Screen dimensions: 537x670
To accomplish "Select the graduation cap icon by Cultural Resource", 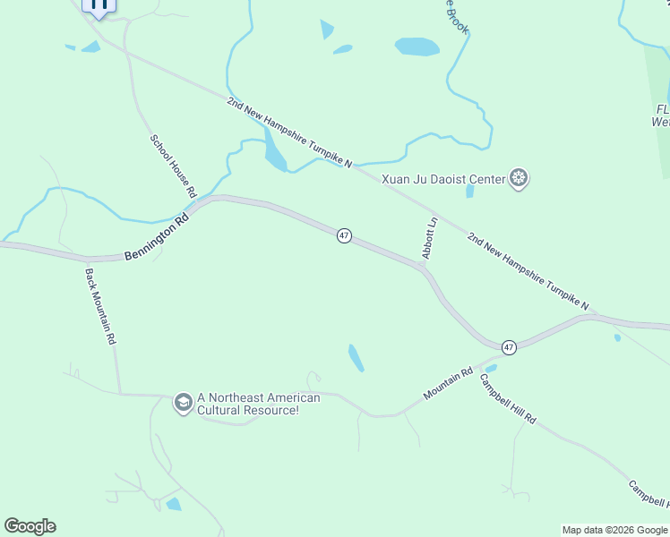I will point(183,404).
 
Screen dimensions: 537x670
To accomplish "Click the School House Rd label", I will point(173,166).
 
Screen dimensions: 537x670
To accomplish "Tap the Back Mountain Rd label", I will point(100,307).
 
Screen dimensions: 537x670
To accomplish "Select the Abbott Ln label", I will point(430,238).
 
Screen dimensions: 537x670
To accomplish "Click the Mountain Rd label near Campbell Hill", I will point(448,386).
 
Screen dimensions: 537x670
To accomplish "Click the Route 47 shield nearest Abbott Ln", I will point(344,235).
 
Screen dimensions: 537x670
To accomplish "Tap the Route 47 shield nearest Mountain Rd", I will point(509,346).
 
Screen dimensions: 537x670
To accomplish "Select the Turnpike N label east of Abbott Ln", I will point(528,270).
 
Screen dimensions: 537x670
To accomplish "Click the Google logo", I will point(30,526).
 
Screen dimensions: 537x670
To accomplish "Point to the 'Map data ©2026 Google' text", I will point(614,530).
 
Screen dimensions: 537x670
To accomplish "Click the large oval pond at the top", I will point(417,47).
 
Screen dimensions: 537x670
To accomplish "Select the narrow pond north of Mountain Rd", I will point(356,358).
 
